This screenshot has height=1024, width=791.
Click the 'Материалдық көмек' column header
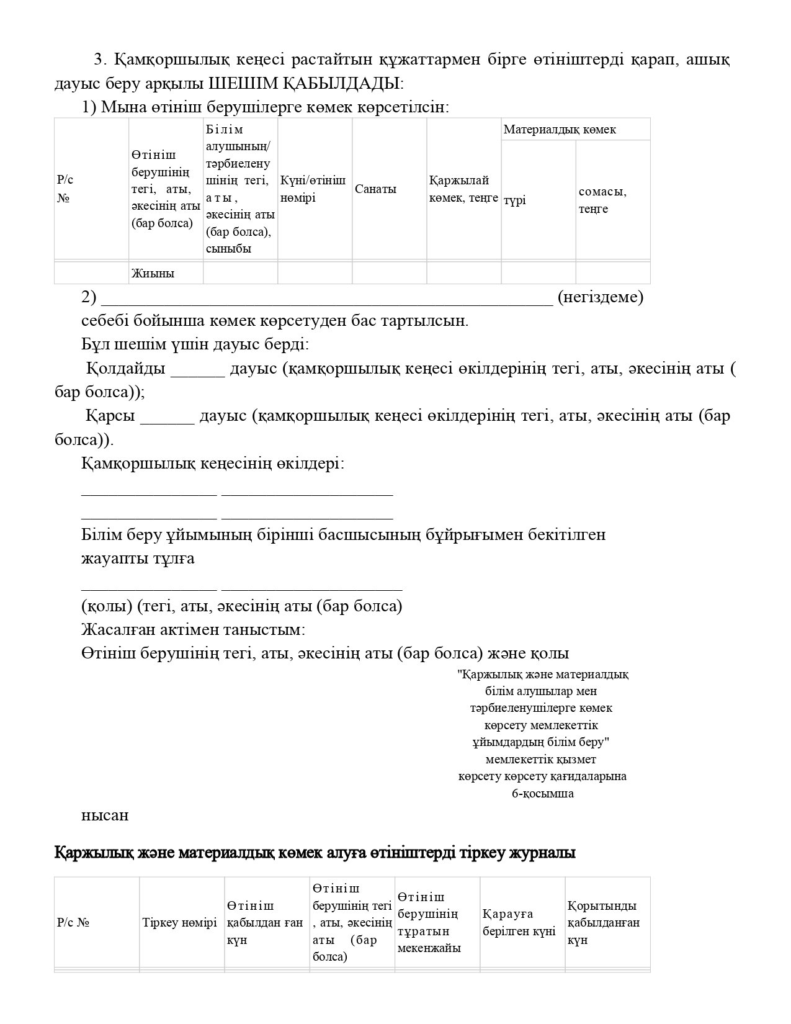click(x=560, y=130)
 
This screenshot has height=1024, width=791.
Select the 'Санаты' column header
click(x=375, y=189)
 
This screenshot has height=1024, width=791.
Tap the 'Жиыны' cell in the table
click(x=153, y=273)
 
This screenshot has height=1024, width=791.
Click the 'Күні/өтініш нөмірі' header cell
click(x=313, y=189)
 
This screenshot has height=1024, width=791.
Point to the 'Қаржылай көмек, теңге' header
click(x=463, y=189)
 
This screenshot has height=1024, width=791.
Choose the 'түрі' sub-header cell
click(x=515, y=200)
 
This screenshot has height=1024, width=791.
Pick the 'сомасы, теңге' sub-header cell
click(x=602, y=200)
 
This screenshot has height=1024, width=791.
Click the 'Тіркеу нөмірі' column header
click(x=180, y=923)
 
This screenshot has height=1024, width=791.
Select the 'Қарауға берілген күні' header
click(x=519, y=923)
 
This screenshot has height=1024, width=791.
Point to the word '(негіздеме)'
click(x=601, y=297)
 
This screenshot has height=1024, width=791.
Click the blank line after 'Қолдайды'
click(x=198, y=369)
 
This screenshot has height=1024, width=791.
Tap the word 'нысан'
click(x=105, y=815)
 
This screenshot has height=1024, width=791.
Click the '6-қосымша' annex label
click(x=542, y=794)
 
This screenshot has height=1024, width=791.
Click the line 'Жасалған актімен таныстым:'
click(x=193, y=630)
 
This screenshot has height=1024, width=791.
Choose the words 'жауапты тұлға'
click(x=138, y=559)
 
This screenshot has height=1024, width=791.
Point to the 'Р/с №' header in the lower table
click(x=73, y=923)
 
